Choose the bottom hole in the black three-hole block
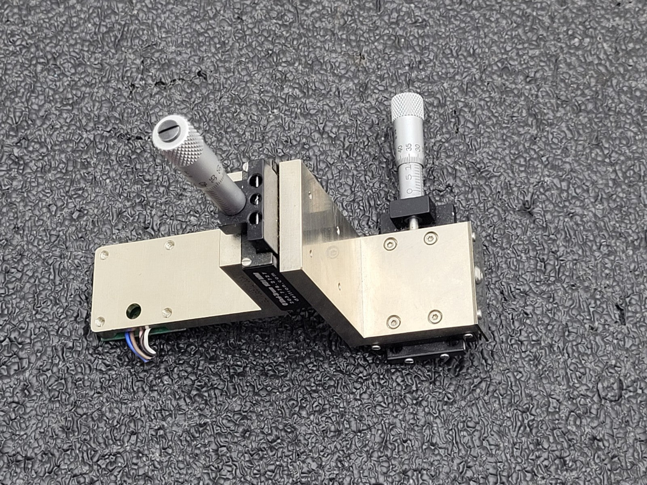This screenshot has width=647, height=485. click(x=255, y=219)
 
